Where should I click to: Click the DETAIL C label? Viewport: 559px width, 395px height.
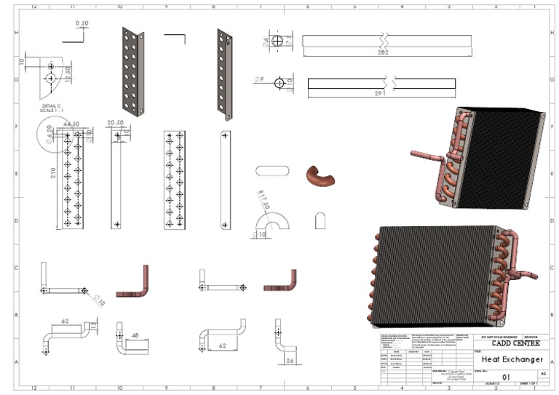point(51,105)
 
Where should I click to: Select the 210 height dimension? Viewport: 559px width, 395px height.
point(54,174)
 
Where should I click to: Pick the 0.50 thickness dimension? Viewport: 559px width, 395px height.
point(82,23)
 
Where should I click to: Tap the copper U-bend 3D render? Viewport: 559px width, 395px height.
point(317,176)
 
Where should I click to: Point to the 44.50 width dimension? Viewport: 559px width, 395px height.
point(71,124)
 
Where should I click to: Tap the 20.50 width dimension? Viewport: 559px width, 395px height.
point(115,123)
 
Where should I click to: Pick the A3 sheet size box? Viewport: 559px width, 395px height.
point(542,372)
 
